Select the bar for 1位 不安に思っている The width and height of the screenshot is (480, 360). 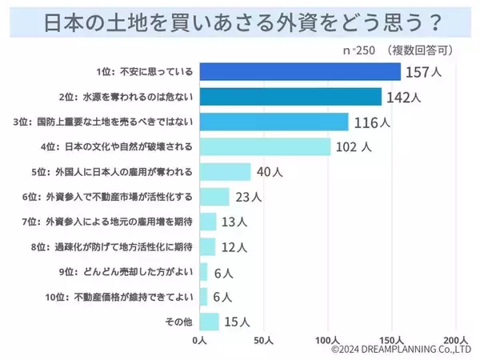coord(300,72)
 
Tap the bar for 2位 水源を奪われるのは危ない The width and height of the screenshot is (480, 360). coord(290,97)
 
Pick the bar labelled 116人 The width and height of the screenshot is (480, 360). coord(274,122)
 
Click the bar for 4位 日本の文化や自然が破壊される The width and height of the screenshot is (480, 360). coord(265,146)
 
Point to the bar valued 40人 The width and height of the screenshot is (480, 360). coord(225,171)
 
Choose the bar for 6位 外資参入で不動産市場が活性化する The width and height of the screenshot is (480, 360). coord(214,196)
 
